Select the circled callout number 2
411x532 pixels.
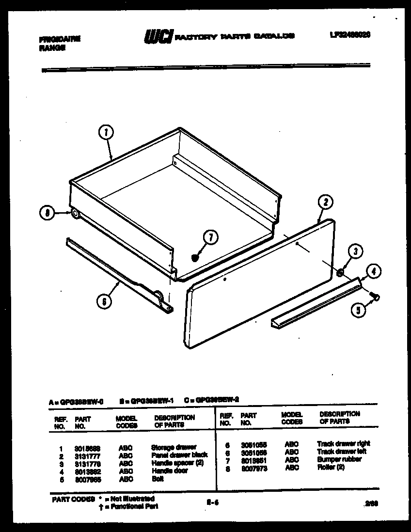326,203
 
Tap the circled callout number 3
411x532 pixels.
355,251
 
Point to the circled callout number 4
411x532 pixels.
372,271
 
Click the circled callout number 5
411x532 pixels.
358,310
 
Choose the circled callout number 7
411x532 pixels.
211,237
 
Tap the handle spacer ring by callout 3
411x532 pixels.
341,273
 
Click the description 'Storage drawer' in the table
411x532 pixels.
174,447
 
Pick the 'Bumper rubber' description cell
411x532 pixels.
339,459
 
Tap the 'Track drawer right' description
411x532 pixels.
343,443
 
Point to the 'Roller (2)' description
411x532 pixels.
331,468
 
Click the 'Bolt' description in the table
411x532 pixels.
158,479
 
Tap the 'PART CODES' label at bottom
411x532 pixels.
72,499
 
